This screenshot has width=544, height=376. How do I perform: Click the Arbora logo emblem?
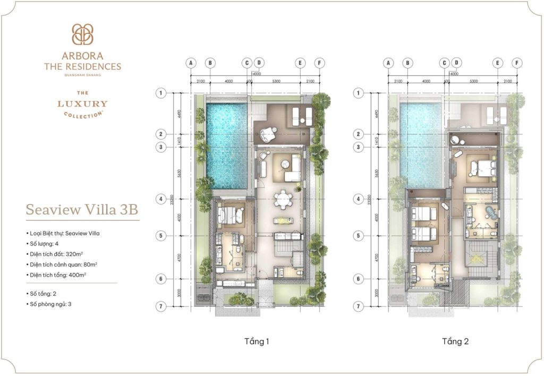click(82, 35)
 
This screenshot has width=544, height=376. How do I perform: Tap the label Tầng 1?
click(257, 341)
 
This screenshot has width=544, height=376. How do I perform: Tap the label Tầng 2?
click(455, 341)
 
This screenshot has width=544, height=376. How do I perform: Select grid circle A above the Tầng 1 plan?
click(190, 63)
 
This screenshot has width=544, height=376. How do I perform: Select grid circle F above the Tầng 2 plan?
click(516, 63)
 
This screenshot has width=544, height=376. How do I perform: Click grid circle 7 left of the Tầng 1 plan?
click(160, 306)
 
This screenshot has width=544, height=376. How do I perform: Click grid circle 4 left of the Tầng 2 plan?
click(359, 199)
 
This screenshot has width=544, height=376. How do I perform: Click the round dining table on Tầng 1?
click(282, 199)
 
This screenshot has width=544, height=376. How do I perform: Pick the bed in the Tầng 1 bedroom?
click(229, 216)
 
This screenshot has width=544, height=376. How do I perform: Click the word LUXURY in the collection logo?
click(82, 104)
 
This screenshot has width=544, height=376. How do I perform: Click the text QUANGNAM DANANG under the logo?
click(82, 75)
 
